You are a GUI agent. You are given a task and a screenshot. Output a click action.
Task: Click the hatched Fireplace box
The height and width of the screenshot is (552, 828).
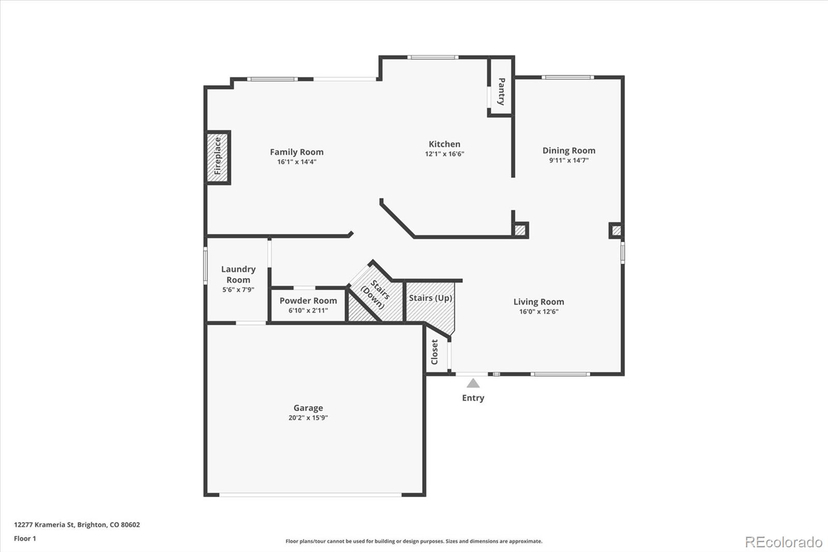pyautogui.click(x=217, y=157)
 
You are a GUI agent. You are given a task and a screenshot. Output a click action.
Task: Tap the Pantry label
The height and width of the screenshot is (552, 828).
pyautogui.click(x=501, y=92)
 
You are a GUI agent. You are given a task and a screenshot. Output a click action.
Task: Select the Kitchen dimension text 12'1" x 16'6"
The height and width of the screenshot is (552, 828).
pyautogui.click(x=445, y=154)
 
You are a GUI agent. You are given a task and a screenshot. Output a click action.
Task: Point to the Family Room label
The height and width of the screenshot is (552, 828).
pyautogui.click(x=297, y=152)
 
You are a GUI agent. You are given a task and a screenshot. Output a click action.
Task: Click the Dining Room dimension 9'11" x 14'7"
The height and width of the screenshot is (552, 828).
pyautogui.click(x=569, y=160)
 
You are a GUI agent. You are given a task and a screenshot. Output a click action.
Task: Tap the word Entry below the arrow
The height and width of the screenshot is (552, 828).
pyautogui.click(x=473, y=398)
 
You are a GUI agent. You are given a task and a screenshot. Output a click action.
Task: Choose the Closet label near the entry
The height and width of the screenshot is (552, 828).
pyautogui.click(x=434, y=352)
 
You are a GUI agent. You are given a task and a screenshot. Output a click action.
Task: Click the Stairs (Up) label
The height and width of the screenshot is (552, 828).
pyautogui.click(x=430, y=298)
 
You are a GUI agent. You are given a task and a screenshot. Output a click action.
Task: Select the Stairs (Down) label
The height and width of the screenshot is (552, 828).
pyautogui.click(x=376, y=295)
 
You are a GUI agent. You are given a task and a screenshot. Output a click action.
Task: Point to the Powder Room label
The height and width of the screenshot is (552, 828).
pyautogui.click(x=308, y=300)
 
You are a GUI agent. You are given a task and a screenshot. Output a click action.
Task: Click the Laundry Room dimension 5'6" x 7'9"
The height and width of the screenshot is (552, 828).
pyautogui.click(x=238, y=289)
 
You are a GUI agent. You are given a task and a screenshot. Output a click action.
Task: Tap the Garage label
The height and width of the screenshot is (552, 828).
pyautogui.click(x=308, y=408)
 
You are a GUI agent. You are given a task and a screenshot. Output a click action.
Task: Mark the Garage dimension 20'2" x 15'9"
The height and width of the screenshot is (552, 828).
pyautogui.click(x=308, y=418)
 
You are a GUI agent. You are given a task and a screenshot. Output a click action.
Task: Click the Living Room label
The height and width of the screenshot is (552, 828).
pyautogui.click(x=539, y=302)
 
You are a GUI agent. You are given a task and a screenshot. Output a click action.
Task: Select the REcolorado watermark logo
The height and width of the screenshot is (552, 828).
pyautogui.click(x=783, y=542)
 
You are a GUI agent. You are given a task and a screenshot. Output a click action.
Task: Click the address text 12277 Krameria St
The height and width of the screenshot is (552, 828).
pyautogui.click(x=45, y=525)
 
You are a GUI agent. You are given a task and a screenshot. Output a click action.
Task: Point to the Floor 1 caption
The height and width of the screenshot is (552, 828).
pyautogui.click(x=25, y=539)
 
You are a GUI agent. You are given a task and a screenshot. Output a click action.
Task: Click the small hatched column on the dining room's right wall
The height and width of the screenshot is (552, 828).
pyautogui.click(x=616, y=230)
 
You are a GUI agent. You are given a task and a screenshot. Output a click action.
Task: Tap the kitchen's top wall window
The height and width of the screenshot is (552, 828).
pyautogui.click(x=433, y=57)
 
